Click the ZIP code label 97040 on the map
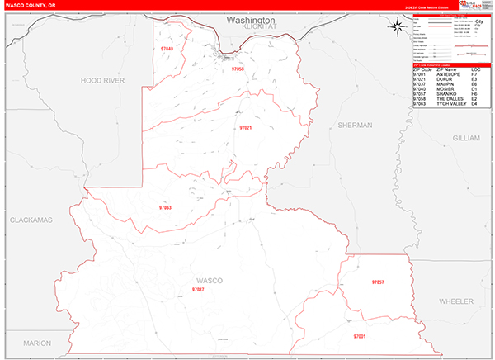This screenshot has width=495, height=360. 167,50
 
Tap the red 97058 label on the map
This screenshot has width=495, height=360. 238,69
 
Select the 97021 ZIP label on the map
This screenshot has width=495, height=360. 245,128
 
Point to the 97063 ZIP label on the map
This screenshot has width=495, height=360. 165,207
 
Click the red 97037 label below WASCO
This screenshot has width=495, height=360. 198,290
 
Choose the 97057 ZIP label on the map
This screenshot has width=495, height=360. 378,282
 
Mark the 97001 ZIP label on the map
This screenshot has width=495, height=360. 359,337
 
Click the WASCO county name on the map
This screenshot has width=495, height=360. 210,281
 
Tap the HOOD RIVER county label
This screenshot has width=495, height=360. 101,80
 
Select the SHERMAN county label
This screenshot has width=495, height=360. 356,125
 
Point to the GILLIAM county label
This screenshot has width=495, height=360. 465,138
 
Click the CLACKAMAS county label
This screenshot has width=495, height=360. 31,221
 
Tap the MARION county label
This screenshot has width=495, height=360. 37,342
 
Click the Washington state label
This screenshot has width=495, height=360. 251,19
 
